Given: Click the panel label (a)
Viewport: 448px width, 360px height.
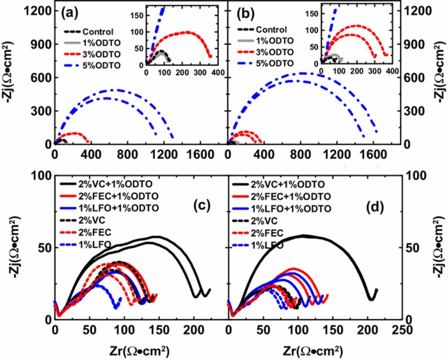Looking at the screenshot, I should (70, 14).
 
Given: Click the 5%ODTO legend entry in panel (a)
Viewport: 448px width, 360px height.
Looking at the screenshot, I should (101, 65).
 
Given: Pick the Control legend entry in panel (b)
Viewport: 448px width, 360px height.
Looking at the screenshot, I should (271, 30).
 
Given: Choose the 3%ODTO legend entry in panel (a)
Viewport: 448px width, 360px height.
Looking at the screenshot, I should (101, 54).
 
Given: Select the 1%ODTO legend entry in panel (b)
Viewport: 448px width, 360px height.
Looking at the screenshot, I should (275, 41).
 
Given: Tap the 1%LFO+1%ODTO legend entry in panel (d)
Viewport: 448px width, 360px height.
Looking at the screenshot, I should (291, 209).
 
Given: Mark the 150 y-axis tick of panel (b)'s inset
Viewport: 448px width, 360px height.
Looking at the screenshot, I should (314, 14).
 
